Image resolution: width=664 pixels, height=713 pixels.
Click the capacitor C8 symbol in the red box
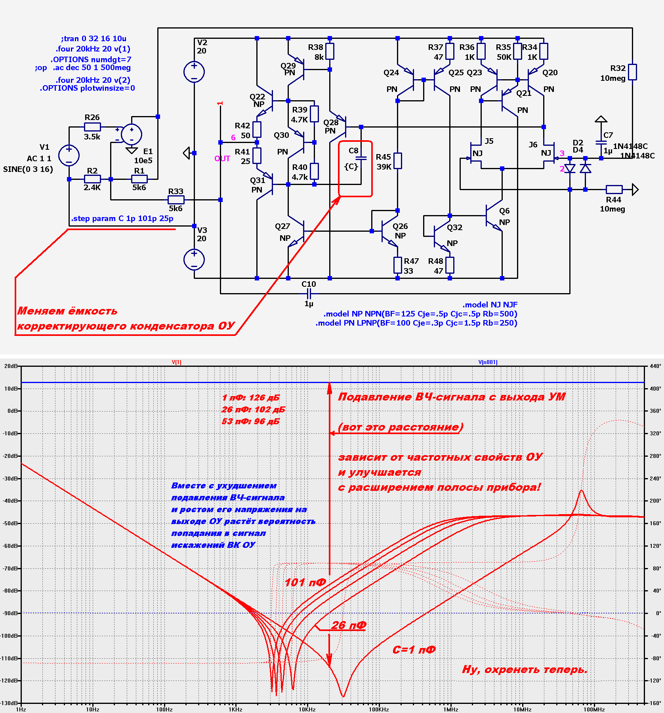point(361,158)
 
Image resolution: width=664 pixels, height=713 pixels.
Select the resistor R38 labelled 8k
point(330,51)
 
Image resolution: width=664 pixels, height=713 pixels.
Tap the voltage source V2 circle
point(194,72)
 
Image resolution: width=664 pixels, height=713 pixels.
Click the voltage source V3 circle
point(194,260)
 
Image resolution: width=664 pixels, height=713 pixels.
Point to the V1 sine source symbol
point(69,155)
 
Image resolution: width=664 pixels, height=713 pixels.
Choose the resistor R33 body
point(176,200)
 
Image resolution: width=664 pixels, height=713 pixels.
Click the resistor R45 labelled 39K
point(397,161)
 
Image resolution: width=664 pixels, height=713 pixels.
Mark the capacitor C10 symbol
point(309,294)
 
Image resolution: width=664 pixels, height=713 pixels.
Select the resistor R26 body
point(92,127)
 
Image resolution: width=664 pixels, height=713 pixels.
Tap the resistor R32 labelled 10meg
point(632,72)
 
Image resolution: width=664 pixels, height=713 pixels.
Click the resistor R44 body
point(614,189)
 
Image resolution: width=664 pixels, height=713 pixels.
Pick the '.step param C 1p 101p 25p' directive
point(122,219)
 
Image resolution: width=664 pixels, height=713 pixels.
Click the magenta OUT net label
point(222,159)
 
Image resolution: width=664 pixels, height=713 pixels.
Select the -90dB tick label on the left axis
point(10,613)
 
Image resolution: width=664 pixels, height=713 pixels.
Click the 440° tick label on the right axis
point(655,366)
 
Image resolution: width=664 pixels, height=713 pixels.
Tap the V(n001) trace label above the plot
point(488,362)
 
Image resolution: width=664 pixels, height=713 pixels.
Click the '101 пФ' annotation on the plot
point(305,583)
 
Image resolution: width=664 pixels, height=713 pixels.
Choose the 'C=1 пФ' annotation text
point(414,650)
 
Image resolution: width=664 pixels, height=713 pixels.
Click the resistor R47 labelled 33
point(398,265)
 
